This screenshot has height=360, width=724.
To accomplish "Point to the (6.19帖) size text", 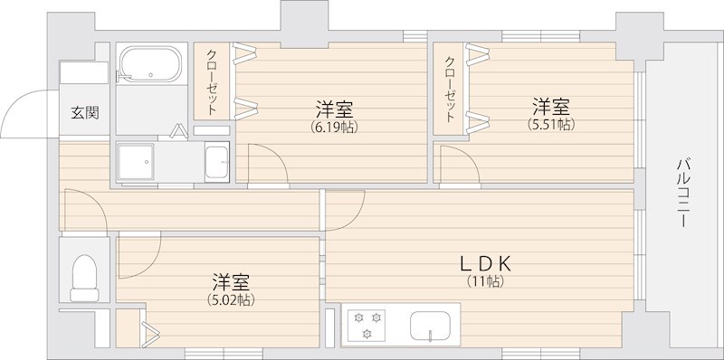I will pos(334,128).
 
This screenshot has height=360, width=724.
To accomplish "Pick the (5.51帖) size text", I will pos(550,125).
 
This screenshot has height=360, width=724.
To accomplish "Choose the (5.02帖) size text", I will pos(232,299).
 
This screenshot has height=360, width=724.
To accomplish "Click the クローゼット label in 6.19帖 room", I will pos(211,81).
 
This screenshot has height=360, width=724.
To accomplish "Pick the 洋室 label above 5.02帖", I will pos(232,281).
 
